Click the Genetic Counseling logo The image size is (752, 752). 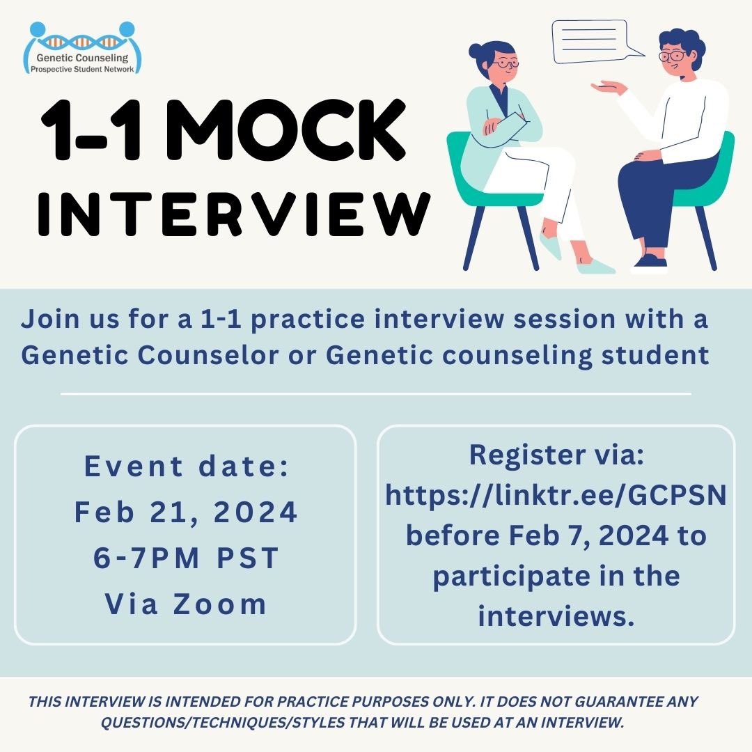tap(82, 47)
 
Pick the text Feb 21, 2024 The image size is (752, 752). tap(186, 512)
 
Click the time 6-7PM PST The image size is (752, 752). tap(186, 558)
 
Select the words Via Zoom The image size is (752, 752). tap(186, 604)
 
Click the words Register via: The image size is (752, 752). tap(556, 455)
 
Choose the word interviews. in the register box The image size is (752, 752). tap(556, 616)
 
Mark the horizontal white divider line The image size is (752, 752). tap(376, 393)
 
